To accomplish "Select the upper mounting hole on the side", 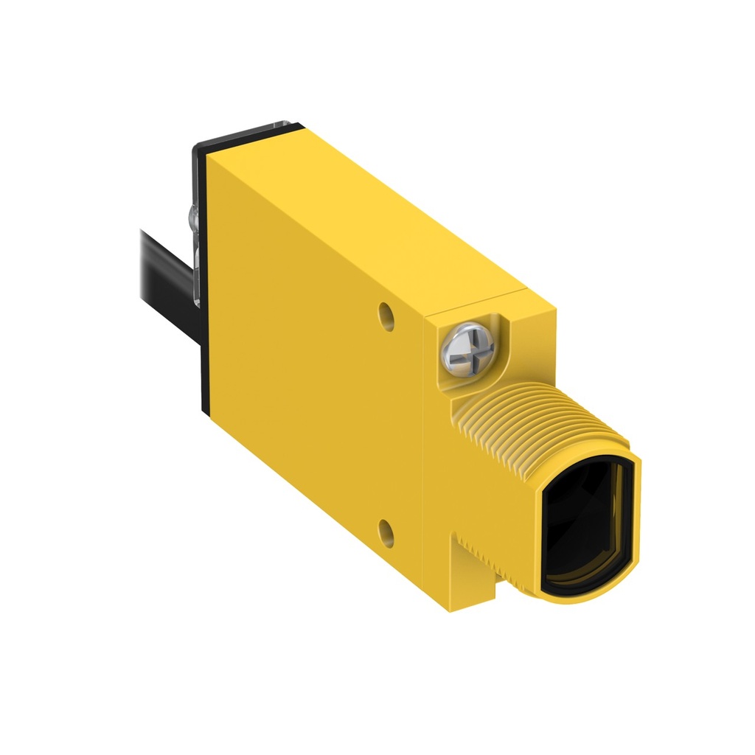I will coord(385,315).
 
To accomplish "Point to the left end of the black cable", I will coord(145,246).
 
